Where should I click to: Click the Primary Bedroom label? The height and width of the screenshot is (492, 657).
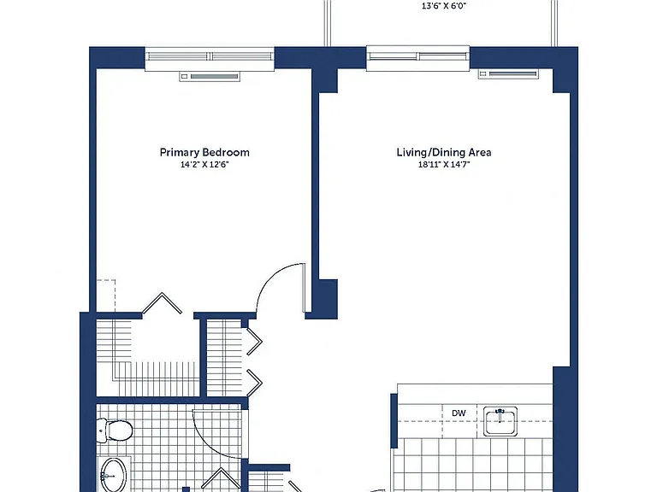pos(204,152)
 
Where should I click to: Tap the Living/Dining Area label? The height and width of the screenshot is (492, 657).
pos(444,152)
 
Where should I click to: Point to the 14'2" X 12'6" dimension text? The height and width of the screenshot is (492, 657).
pos(204,164)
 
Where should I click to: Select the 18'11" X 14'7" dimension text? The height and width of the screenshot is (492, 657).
pos(444,164)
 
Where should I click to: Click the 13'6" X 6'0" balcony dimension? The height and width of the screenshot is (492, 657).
pos(444,6)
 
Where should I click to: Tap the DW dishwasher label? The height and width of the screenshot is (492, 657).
pos(459,413)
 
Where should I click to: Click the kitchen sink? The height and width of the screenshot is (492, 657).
pos(500,421)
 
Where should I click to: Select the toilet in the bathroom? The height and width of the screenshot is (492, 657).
pos(115,430)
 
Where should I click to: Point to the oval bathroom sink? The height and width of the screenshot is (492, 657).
pos(113,475)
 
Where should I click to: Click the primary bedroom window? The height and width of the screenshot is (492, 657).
pos(210,59)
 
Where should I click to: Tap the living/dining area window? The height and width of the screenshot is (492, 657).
pos(418,58)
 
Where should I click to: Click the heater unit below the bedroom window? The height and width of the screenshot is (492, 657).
pos(210,77)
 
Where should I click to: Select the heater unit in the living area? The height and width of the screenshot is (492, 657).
pos(509,74)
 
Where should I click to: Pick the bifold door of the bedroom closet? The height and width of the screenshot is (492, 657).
pos(163,302)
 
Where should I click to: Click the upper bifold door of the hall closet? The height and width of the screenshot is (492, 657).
pos(254,342)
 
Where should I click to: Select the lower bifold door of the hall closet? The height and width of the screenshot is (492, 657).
pos(254,383)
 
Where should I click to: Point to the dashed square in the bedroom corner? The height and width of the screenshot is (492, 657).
pos(106,296)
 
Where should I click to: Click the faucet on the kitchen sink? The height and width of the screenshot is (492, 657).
pos(500,413)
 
